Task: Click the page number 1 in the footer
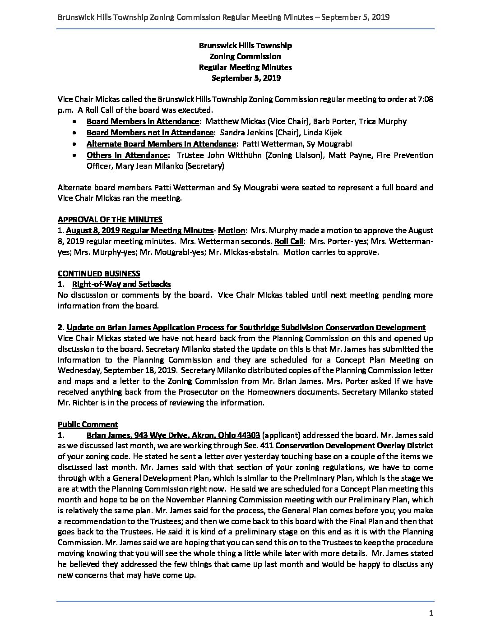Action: [x=431, y=613]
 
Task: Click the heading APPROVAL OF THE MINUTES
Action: [x=110, y=220]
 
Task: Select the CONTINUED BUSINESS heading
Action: [x=99, y=273]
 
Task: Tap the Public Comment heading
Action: [x=88, y=424]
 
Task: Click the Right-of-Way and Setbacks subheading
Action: [x=121, y=284]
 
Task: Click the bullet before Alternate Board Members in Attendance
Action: [x=74, y=144]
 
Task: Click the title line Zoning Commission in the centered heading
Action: [x=245, y=56]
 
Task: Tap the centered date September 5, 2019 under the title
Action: [x=245, y=78]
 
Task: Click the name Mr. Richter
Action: [x=74, y=403]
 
